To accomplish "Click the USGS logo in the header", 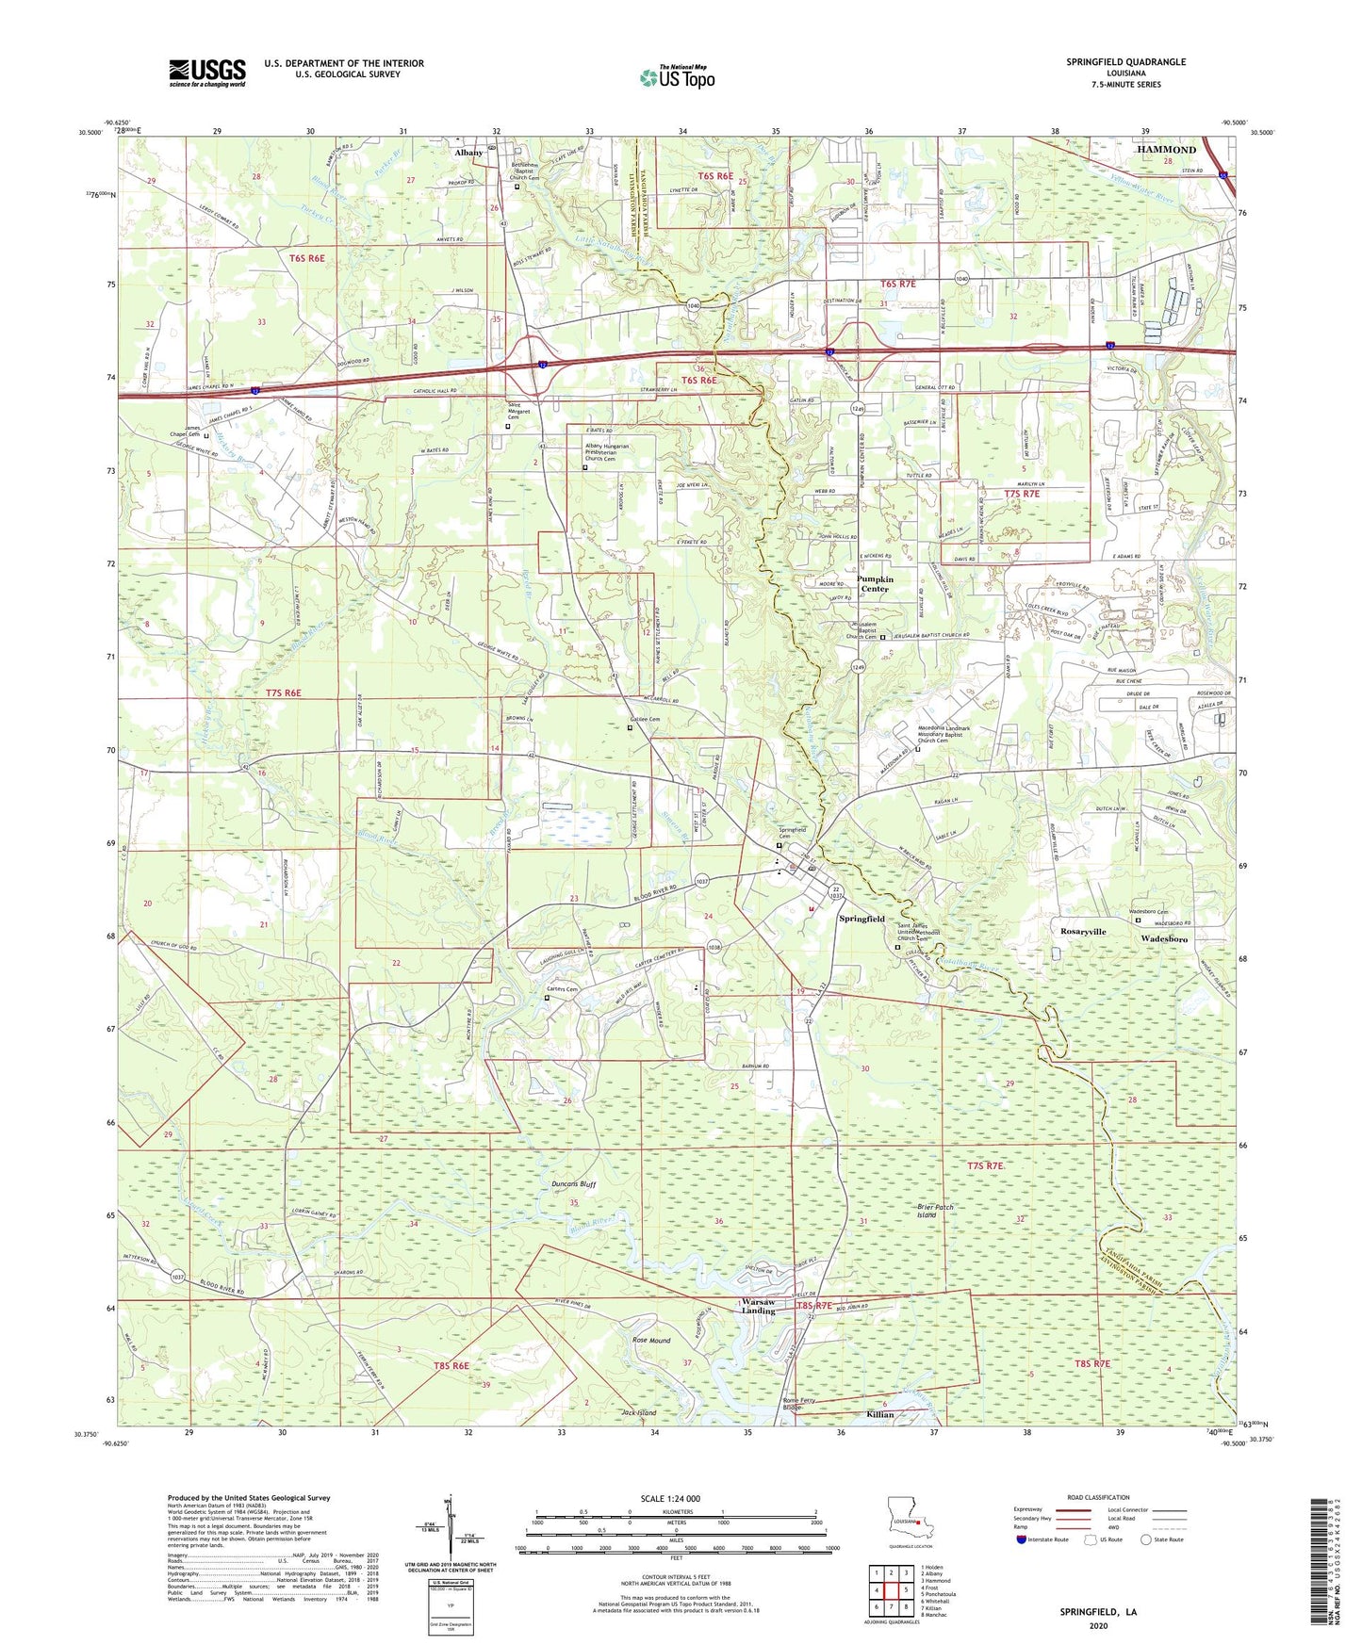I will [x=207, y=73].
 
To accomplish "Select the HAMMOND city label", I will [x=1165, y=150].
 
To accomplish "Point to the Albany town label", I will [x=468, y=153].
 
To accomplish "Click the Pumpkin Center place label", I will [x=874, y=584].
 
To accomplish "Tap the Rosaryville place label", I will [x=1078, y=931].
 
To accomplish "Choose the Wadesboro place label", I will [x=1163, y=939].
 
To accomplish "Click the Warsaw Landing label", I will [x=758, y=1307].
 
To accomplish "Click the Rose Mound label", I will [x=651, y=1341].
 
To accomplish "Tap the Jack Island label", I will [x=638, y=1413].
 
